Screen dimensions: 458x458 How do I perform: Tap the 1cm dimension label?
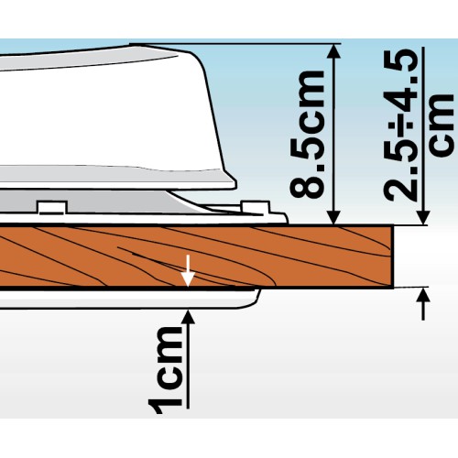pos(165,370)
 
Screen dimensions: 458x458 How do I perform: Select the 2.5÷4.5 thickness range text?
pos(401,126)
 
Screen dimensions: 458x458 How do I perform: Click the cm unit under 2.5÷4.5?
pos(442,125)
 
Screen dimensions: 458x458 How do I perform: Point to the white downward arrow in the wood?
pos(188,270)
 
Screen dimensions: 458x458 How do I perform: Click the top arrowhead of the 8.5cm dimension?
pos(335,51)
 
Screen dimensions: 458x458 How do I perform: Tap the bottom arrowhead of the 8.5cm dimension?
pos(335,217)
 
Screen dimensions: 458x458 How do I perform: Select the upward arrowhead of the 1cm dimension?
pos(189,317)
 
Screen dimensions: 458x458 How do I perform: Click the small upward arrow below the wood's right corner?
pos(423,304)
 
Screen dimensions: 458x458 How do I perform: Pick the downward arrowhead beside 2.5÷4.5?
pos(423,217)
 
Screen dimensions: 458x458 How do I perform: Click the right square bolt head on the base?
pos(256,207)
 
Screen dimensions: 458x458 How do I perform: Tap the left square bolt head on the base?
pos(52,207)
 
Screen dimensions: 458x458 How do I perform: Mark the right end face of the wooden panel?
pos(393,256)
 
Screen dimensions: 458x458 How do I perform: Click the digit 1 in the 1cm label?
pos(165,405)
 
